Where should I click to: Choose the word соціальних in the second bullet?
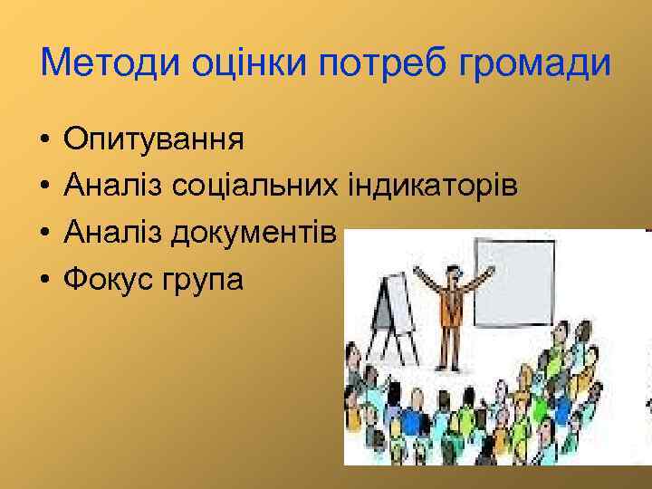click(255, 187)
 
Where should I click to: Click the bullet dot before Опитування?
click(43, 141)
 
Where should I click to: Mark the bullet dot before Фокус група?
click(43, 280)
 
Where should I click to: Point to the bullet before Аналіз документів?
click(43, 234)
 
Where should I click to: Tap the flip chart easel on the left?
click(391, 308)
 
